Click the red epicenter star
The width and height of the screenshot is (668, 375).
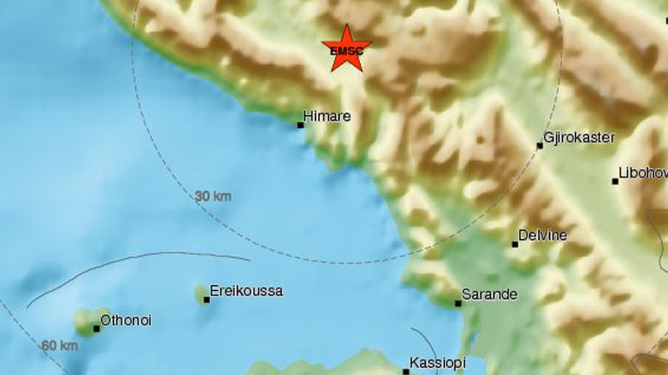coord(346,48)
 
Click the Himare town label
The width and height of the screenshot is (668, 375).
coord(328,113)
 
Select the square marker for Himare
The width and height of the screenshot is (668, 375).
coord(301,125)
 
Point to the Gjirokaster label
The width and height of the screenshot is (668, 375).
coord(579,137)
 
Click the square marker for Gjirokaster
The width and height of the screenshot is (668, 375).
coord(540,145)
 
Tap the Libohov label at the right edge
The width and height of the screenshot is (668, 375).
coord(643,171)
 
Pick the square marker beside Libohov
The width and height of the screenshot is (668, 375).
coord(615,181)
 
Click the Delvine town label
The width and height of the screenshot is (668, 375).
coord(542,235)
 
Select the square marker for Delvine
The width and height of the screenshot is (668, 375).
coord(514,244)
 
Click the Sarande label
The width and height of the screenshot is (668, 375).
coord(489,294)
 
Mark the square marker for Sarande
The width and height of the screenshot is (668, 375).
coord(459,303)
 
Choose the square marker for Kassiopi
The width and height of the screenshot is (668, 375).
coord(407,370)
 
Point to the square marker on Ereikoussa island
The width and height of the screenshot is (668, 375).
coord(206,300)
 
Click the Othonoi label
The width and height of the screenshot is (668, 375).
coord(126,320)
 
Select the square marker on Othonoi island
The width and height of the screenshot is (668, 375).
coord(96,328)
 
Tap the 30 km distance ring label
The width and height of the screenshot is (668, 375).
coord(213,197)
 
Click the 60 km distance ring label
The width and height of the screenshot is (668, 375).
coord(60,346)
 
